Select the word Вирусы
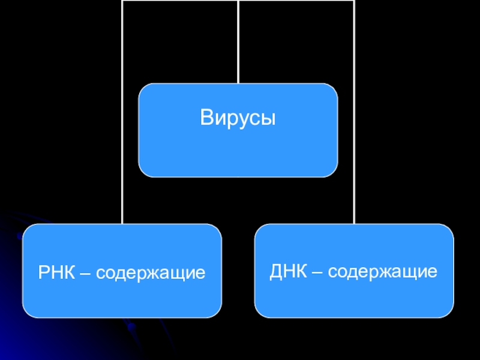[238, 118]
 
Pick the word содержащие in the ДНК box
[382, 272]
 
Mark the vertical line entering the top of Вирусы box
[238, 42]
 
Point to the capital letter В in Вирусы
[207, 118]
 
